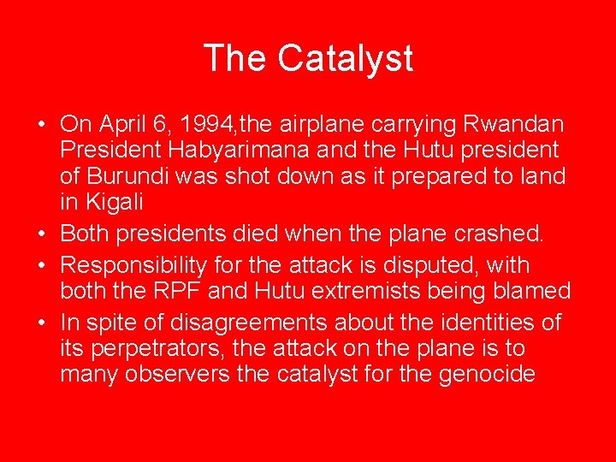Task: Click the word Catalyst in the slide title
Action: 346,58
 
